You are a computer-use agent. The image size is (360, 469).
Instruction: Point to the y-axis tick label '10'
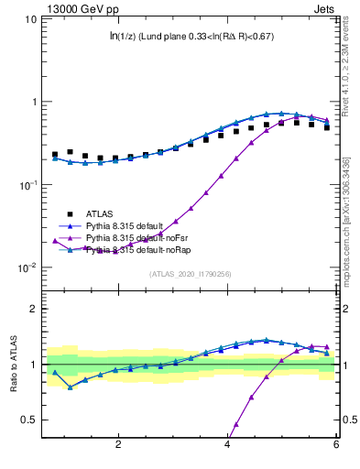pyautogui.click(x=28, y=18)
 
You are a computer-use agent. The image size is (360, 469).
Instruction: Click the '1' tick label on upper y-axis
pyautogui.click(x=33, y=102)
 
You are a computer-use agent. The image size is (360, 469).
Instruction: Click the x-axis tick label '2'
pyautogui.click(x=118, y=444)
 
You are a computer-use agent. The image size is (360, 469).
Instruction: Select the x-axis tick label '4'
pyautogui.click(x=227, y=444)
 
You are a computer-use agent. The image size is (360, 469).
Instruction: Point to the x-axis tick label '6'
pyautogui.click(x=336, y=444)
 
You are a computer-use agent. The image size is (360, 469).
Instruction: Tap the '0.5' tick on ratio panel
pyautogui.click(x=28, y=420)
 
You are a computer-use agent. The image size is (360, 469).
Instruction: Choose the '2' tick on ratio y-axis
pyautogui.click(x=33, y=309)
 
